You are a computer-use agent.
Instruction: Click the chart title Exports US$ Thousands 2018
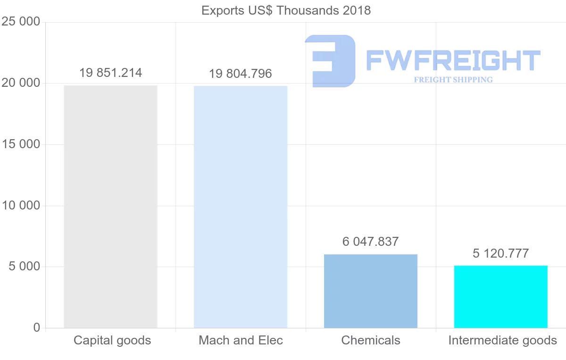[x=286, y=10]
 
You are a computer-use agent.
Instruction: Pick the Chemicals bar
[x=371, y=291]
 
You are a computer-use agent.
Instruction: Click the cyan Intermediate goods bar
[x=500, y=297]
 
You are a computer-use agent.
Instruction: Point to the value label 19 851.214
[x=110, y=73]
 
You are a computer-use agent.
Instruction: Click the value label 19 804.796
[x=241, y=74]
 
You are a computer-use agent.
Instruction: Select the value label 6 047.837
[x=371, y=242]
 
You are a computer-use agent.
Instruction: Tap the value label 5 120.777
[x=500, y=253]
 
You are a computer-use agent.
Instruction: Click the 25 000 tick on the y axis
[x=21, y=22]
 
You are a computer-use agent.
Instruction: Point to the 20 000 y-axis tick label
[x=21, y=83]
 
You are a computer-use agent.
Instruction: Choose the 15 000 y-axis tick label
[x=21, y=144]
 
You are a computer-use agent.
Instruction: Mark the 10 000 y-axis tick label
[x=21, y=206]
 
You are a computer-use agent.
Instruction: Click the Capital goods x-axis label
[x=112, y=340]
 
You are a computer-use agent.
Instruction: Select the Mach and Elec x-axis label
[x=241, y=340]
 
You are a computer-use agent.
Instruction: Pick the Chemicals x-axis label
[x=371, y=340]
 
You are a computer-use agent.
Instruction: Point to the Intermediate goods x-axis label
[x=502, y=340]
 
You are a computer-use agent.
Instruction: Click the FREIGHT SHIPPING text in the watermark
[x=453, y=80]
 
